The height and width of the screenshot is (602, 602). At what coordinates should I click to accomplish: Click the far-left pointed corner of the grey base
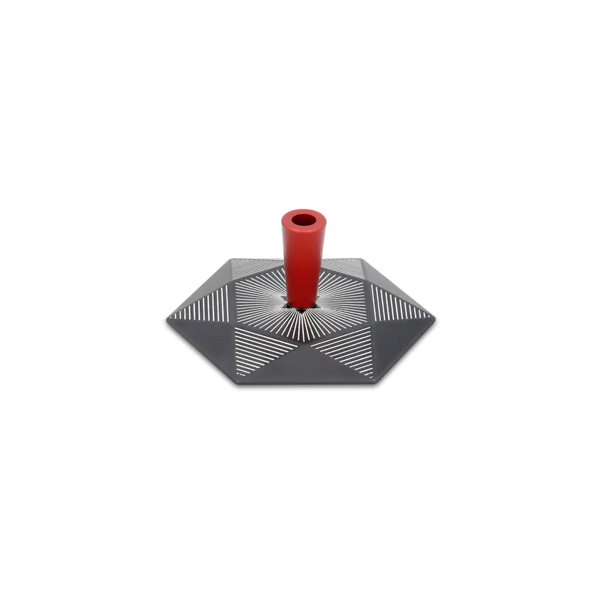coord(167,320)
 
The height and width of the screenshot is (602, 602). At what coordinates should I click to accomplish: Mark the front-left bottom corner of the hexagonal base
coord(239,383)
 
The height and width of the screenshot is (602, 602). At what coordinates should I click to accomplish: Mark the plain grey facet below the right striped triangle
coord(401,337)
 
